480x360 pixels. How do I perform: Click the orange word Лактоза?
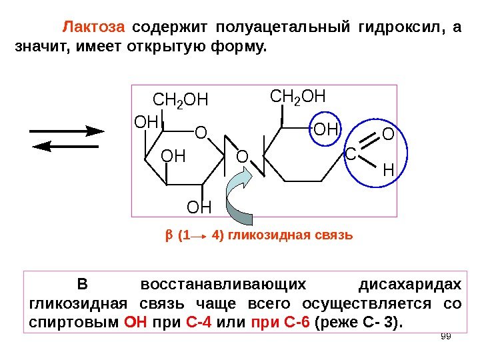click(x=93, y=28)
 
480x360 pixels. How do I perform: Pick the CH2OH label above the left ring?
click(x=181, y=101)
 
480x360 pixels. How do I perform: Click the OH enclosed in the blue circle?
click(x=326, y=127)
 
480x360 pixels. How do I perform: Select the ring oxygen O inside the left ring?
click(x=201, y=134)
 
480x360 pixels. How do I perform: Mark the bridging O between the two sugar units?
click(x=242, y=156)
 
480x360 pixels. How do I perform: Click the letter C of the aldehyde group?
click(x=350, y=155)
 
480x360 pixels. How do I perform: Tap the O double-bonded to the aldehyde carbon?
click(x=389, y=135)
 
